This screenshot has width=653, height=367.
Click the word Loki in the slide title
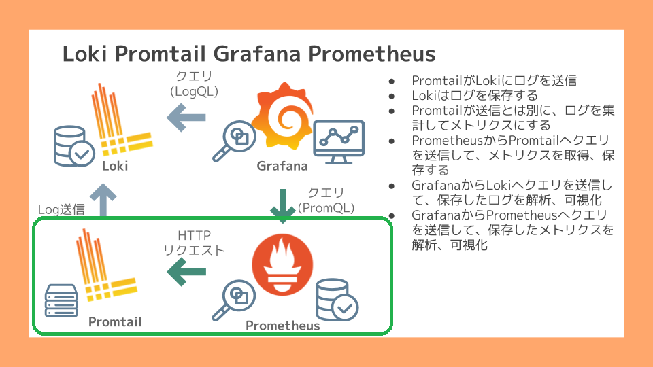[84, 54]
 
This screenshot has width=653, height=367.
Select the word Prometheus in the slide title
[371, 54]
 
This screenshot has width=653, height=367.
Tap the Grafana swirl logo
[284, 116]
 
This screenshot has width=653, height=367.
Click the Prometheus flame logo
[282, 265]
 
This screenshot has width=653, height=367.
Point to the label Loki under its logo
[115, 166]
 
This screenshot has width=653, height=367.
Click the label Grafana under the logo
[282, 166]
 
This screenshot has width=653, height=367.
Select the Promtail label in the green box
[115, 321]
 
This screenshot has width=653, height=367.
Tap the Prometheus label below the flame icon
[283, 326]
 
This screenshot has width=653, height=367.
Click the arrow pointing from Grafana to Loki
[186, 118]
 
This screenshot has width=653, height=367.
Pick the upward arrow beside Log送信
[103, 200]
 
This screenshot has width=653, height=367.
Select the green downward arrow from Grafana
[283, 206]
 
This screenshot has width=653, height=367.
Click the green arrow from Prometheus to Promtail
[186, 272]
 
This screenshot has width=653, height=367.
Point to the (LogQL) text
[195, 91]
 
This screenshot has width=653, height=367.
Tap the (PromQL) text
[326, 208]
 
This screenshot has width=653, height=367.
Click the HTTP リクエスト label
[195, 243]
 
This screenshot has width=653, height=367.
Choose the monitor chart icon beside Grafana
[339, 142]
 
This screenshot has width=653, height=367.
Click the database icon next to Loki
[74, 146]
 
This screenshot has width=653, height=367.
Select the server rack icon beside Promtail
[61, 300]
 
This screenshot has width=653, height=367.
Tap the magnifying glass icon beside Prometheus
[233, 300]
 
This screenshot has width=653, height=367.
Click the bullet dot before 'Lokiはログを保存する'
[392, 97]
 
